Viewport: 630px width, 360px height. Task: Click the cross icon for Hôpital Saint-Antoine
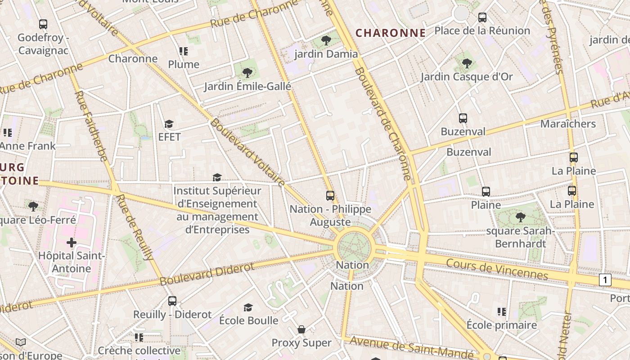point(72,243)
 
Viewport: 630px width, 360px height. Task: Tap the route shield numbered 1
point(605,280)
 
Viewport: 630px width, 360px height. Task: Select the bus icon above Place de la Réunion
point(482,18)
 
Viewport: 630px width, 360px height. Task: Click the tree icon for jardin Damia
point(326,41)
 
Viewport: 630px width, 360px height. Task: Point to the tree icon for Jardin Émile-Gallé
point(247,73)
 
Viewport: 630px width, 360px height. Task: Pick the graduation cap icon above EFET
point(169,124)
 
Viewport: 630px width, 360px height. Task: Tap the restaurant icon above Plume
point(183,51)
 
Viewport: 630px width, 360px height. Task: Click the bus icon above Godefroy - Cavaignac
point(43,24)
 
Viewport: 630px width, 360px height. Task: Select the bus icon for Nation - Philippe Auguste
point(330,196)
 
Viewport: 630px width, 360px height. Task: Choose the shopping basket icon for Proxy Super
point(301,329)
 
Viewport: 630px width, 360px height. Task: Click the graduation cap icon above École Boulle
point(248,307)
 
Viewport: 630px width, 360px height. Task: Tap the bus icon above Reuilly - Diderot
point(172,301)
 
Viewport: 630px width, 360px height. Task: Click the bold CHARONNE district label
point(391,33)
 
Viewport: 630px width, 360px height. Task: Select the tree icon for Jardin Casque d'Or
point(467,63)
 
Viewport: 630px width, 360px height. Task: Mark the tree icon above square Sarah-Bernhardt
point(520,217)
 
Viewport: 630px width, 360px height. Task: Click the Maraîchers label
point(568,124)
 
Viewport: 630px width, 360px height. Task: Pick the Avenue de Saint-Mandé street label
point(411,347)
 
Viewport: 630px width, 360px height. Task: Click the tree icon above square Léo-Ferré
point(33,207)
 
